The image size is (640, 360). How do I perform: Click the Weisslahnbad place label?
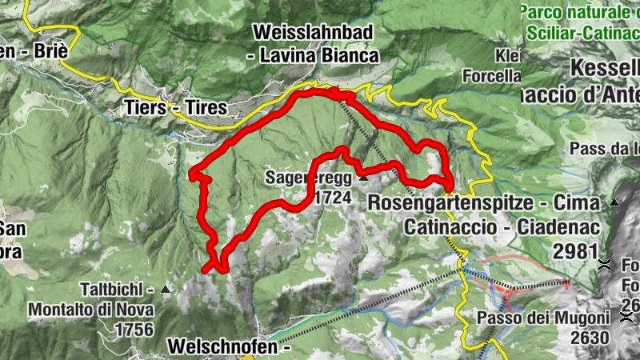tap(315, 33)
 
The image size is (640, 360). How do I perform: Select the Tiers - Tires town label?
tap(175, 108)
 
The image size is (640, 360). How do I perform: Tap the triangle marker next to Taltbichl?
tap(166, 288)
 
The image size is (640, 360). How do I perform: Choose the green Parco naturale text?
tap(576, 13)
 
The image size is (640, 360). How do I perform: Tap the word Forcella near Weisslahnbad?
tap(491, 77)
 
